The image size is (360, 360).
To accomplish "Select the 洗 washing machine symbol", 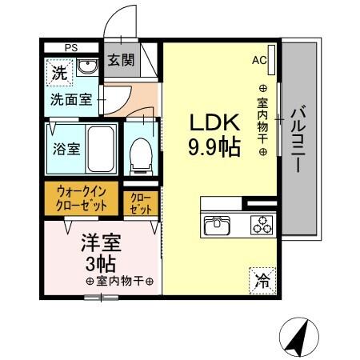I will pyautogui.click(x=60, y=73).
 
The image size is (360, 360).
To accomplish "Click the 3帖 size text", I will pyautogui.click(x=98, y=263).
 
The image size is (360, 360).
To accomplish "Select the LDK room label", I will pyautogui.click(x=214, y=123).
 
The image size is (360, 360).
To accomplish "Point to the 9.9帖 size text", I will pyautogui.click(x=214, y=148).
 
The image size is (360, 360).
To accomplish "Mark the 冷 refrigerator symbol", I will pyautogui.click(x=262, y=279).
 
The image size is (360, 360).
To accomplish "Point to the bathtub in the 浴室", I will pyautogui.click(x=102, y=150).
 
